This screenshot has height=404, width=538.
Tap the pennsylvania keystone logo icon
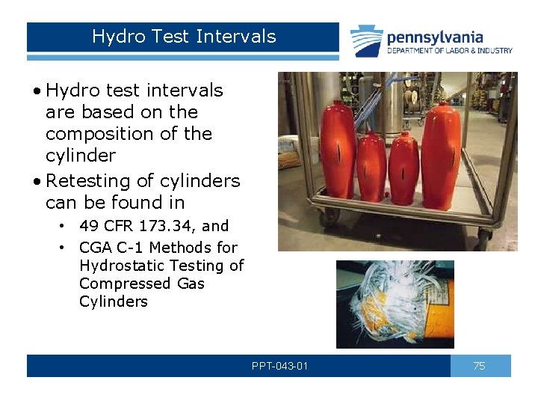pos(366,40)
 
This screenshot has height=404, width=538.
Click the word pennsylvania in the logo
pos(434,37)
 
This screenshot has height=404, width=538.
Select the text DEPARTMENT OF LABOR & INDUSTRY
pos(449,51)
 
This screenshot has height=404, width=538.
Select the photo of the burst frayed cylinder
pos(395,304)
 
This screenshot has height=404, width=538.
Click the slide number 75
pos(480,366)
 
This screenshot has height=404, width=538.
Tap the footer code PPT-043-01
pos(279,366)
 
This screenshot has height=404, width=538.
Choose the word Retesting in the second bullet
pos(81,181)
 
